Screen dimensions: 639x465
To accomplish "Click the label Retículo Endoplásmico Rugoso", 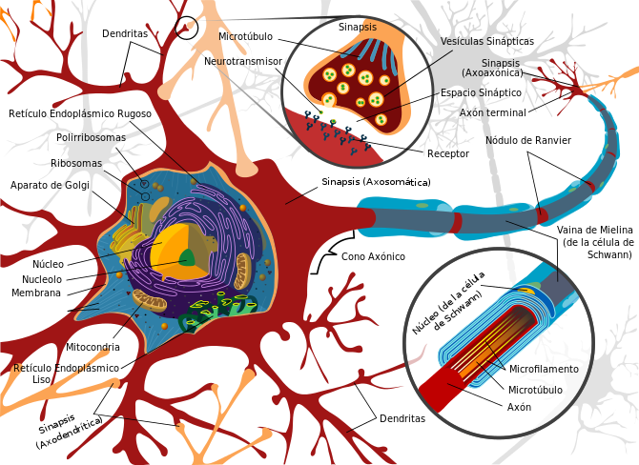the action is (80, 113).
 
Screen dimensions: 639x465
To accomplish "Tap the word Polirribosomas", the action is (91, 137).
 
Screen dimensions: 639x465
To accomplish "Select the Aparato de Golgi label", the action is (50, 185).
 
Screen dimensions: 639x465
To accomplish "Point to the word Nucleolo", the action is (42, 279).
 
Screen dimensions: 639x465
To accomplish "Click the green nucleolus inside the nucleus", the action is (188, 257).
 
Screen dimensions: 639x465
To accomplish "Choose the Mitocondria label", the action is (93, 348).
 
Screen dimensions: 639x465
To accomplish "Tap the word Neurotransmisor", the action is (243, 62).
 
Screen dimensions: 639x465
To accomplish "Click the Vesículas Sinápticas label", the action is (487, 42).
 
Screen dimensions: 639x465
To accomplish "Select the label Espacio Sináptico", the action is (481, 92).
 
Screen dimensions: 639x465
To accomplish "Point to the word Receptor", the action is (448, 154).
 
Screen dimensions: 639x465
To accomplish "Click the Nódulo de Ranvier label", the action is (528, 140).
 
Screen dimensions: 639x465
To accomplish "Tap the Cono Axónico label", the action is (373, 256).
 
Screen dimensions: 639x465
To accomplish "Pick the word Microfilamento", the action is (544, 369).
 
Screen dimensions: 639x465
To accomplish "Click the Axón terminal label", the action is (493, 112).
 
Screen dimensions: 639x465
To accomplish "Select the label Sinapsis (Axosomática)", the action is (376, 182).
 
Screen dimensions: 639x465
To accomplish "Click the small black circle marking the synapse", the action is (187, 28).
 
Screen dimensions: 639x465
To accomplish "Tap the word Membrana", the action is (36, 293).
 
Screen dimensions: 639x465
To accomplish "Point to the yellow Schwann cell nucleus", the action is (526, 291).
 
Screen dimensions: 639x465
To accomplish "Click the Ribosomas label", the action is (76, 163).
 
